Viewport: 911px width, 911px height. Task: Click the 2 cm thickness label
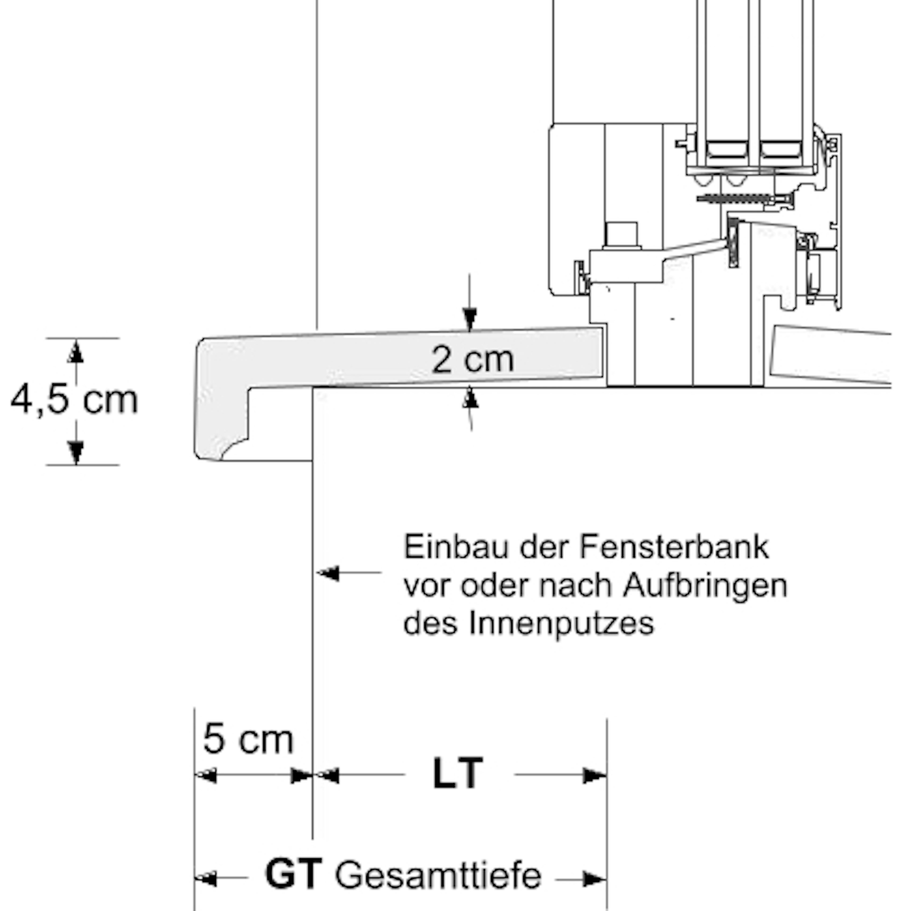(x=473, y=360)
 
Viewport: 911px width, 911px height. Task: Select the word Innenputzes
(x=561, y=623)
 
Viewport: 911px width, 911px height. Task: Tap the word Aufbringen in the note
(x=705, y=586)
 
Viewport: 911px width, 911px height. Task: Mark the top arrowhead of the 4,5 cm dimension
(x=75, y=353)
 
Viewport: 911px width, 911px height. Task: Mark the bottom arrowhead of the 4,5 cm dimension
(x=75, y=452)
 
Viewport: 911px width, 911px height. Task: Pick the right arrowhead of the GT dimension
(x=594, y=878)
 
